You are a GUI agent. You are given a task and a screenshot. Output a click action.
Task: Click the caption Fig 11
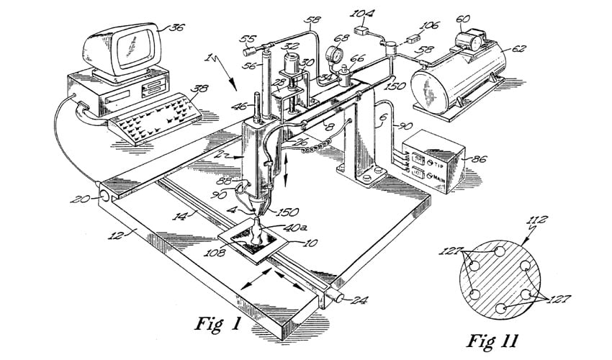coord(497,339)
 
